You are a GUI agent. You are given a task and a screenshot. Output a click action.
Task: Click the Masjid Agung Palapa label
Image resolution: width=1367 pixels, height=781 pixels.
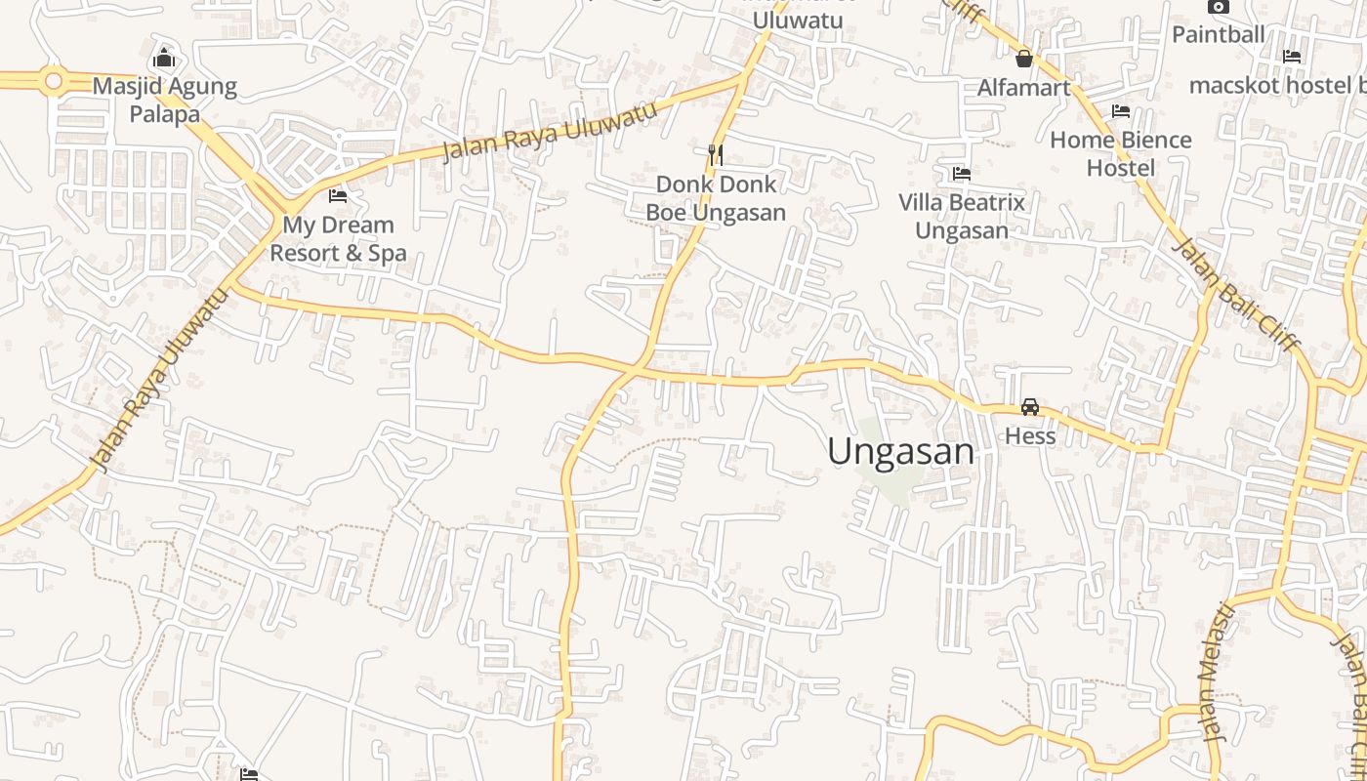coord(164,100)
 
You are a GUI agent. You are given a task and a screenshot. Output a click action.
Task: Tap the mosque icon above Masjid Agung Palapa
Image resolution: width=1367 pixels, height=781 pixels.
coord(164,58)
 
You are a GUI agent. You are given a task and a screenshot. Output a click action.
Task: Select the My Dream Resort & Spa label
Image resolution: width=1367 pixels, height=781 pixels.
coord(338,239)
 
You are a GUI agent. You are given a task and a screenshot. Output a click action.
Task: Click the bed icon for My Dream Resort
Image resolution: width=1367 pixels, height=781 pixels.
coord(338,196)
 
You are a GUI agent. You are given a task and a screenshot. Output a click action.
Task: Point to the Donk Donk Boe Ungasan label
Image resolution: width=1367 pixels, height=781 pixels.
coord(716,198)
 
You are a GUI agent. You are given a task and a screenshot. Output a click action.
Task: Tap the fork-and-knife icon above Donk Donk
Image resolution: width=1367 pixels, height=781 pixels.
coord(716,154)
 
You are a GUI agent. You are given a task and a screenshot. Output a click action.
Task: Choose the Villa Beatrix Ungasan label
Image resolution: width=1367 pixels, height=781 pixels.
coord(962,217)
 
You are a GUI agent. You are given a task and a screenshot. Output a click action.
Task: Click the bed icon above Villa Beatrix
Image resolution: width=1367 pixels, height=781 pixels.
coord(962,174)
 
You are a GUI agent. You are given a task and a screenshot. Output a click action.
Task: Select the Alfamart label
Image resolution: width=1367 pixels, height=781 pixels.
coord(1024,88)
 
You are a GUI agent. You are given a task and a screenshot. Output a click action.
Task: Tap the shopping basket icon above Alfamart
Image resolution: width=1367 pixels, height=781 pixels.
coord(1024,59)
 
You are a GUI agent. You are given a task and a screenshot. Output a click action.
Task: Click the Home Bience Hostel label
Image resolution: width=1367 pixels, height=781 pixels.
coord(1121,153)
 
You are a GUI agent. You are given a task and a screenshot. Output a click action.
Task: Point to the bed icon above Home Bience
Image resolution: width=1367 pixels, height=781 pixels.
coord(1121,111)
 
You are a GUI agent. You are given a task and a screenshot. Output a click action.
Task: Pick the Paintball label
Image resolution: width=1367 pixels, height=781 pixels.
coord(1219,34)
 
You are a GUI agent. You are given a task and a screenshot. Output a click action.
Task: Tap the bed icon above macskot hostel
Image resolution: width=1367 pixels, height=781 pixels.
coord(1292,57)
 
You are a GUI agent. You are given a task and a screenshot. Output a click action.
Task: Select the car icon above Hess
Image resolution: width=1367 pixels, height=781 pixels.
coord(1030,407)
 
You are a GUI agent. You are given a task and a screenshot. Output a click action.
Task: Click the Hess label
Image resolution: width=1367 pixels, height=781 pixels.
coord(1030,435)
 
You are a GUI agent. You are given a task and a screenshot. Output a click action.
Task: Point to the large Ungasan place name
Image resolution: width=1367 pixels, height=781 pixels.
coord(900,451)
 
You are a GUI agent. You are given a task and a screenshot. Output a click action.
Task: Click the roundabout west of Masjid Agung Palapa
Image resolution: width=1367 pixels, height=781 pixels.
coord(54,80)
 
